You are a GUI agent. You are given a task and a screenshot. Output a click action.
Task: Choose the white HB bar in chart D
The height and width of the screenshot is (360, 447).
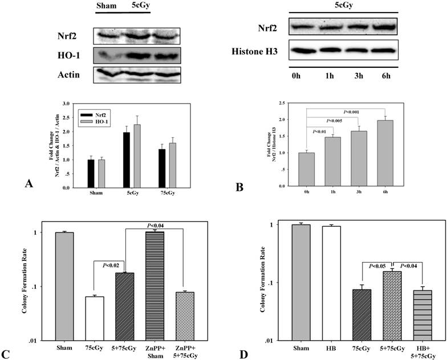click(x=331, y=283)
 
